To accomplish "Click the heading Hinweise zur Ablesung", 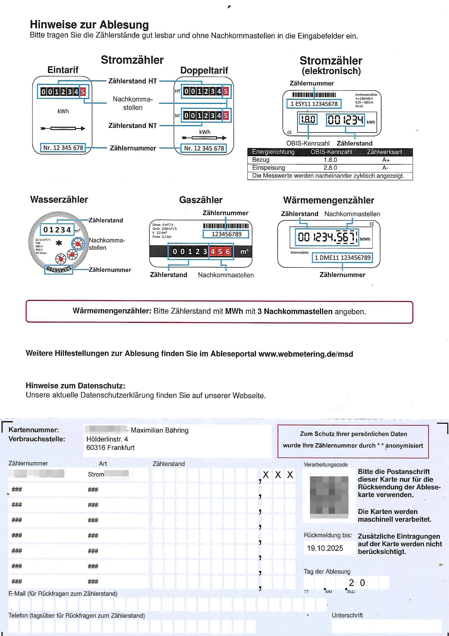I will [89, 25].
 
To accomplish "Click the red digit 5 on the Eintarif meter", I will [83, 92].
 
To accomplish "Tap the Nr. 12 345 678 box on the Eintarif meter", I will [63, 148].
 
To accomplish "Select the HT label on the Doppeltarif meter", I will [177, 91].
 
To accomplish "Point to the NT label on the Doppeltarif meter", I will [177, 116].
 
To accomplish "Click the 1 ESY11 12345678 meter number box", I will [314, 104].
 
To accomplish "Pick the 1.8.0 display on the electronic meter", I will [308, 120].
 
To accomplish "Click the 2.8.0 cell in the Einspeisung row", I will [330, 168].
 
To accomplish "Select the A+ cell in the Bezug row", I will [386, 160].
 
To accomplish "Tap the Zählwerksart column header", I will [384, 152].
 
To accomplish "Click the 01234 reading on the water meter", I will [57, 230].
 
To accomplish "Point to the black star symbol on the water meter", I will [59, 243].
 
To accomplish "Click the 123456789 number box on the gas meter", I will [226, 234].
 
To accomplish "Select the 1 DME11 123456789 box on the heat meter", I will [343, 258].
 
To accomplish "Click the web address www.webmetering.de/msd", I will [306, 354].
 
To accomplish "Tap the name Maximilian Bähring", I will [160, 430].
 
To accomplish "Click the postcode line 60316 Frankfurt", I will [110, 448].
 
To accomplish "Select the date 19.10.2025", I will [325, 548].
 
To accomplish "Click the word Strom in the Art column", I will [96, 474].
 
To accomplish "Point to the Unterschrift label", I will [347, 615].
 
